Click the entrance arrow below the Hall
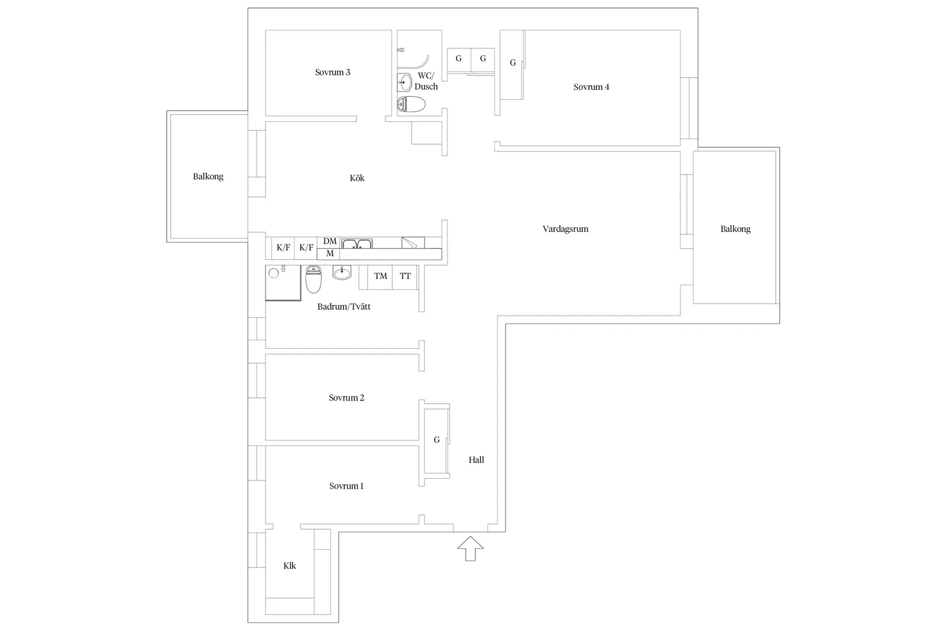pos(470,549)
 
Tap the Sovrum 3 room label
pos(333,72)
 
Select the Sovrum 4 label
pos(591,87)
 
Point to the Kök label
pos(357,178)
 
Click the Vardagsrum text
pos(565,229)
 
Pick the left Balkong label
pos(208,176)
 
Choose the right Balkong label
pos(735,229)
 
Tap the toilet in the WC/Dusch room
pos(412,104)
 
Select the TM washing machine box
pos(380,277)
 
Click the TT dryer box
pos(405,277)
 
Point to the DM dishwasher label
pos(330,242)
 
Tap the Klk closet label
pos(290,566)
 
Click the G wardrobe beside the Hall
pos(437,440)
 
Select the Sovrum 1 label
pos(346,486)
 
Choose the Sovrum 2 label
pos(346,398)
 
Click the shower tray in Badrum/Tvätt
pos(283,282)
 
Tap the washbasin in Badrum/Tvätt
pos(342,273)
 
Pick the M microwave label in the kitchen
pos(330,254)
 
